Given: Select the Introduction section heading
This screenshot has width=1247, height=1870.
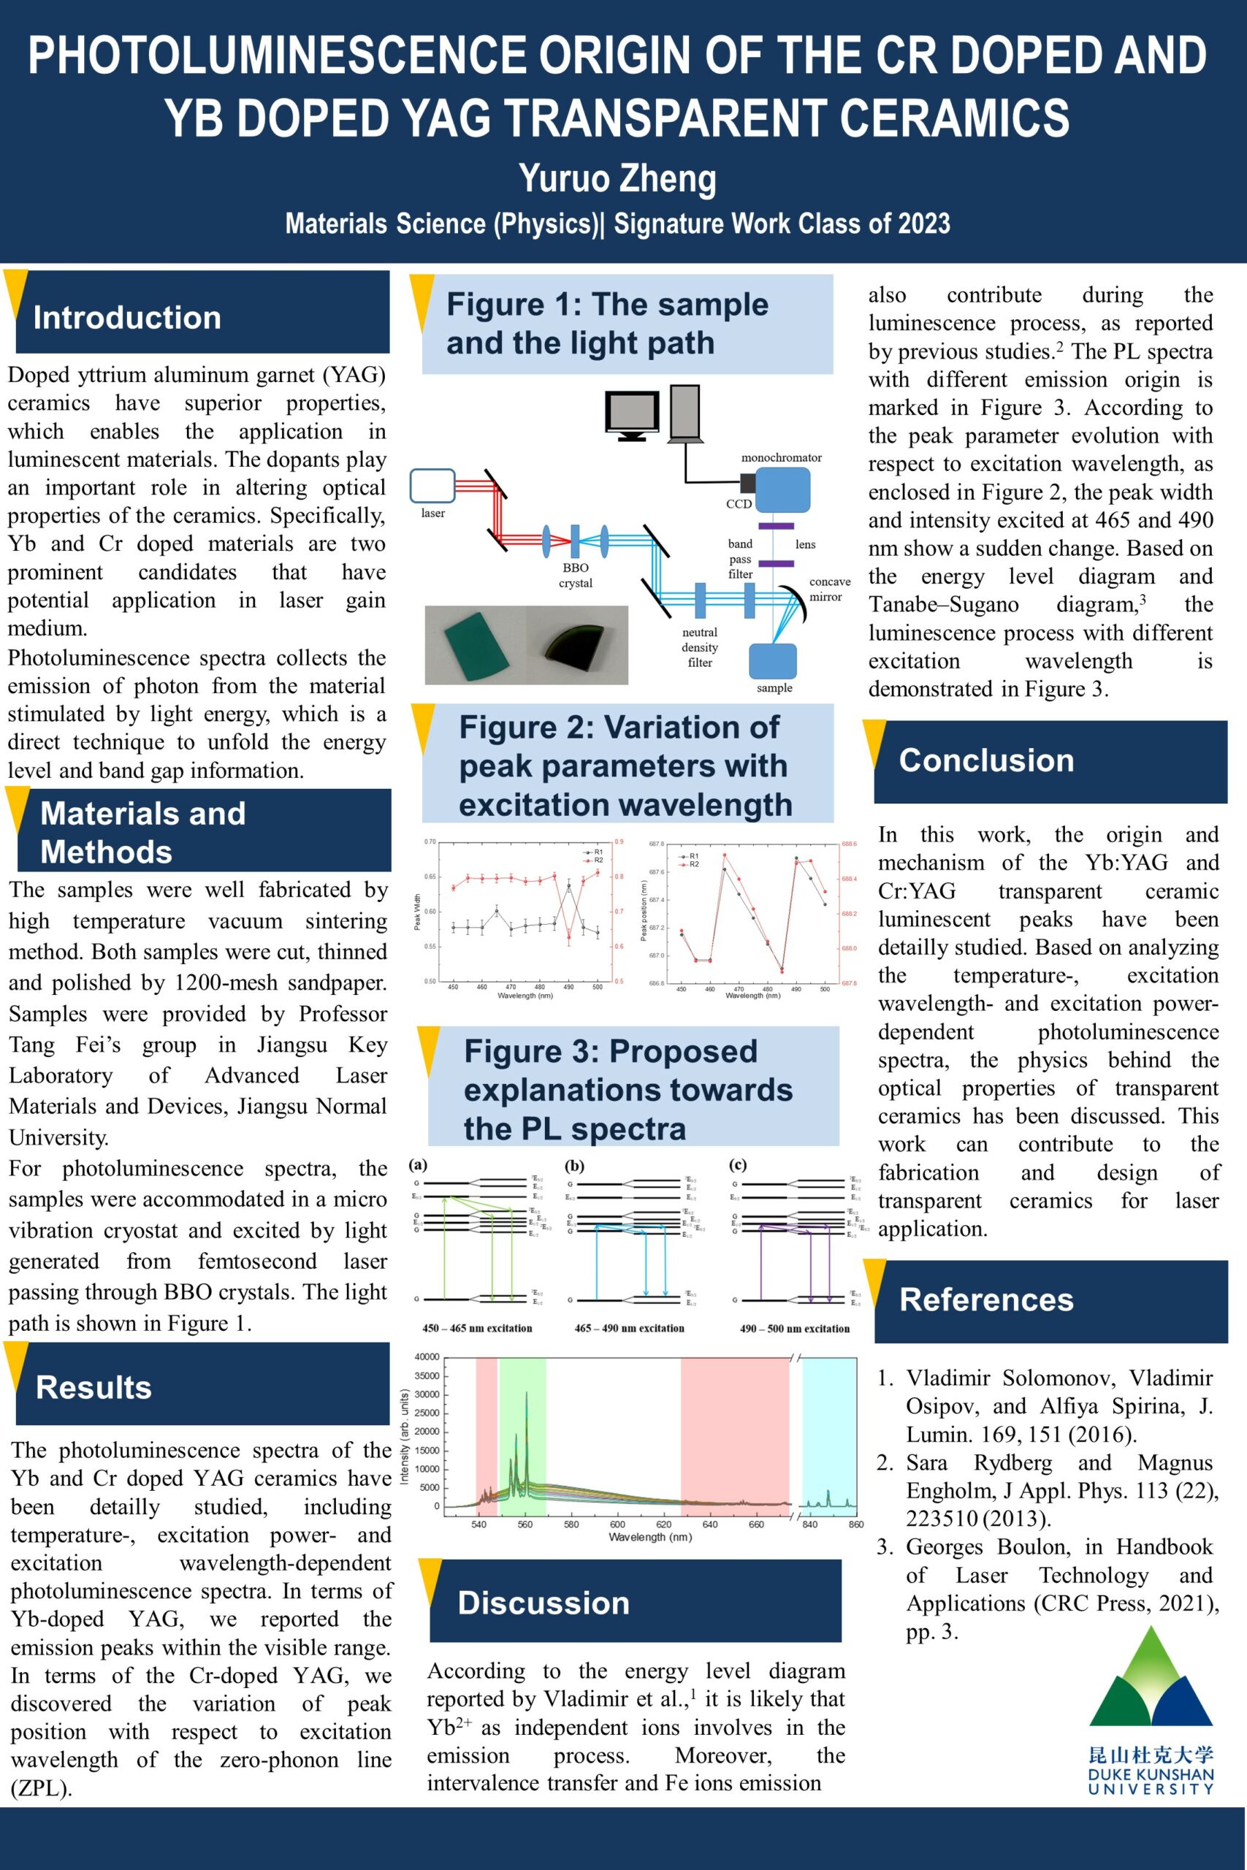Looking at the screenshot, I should pyautogui.click(x=127, y=317).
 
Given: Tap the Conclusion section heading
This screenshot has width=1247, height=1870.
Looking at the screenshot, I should pyautogui.click(x=986, y=760).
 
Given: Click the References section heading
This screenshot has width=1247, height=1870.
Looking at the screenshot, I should pyautogui.click(x=986, y=1300).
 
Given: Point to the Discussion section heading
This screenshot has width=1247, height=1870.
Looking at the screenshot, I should pyautogui.click(x=544, y=1602).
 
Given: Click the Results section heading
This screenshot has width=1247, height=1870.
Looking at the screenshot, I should pyautogui.click(x=94, y=1386).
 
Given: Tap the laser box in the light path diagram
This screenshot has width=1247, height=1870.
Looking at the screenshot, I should pyautogui.click(x=432, y=486).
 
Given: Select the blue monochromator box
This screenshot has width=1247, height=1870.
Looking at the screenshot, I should pyautogui.click(x=782, y=489).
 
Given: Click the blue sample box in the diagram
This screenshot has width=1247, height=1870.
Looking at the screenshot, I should pyautogui.click(x=773, y=660).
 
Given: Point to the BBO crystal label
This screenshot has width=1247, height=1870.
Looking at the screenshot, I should pyautogui.click(x=575, y=575).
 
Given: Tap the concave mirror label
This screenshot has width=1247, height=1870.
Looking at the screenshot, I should pyautogui.click(x=829, y=589).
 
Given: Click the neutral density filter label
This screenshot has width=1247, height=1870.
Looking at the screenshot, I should pyautogui.click(x=700, y=647).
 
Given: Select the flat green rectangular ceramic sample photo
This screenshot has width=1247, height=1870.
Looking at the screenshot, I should pyautogui.click(x=474, y=645).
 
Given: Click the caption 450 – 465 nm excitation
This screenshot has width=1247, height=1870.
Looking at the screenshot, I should pyautogui.click(x=477, y=1328).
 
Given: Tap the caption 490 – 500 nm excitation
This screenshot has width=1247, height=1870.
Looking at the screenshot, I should pyautogui.click(x=795, y=1328).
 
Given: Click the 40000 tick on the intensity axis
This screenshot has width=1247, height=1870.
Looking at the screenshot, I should pyautogui.click(x=427, y=1356).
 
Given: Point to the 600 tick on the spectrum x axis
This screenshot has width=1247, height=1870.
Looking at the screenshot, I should pyautogui.click(x=617, y=1524).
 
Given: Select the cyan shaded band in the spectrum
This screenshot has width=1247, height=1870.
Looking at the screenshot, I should pyautogui.click(x=828, y=1431).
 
